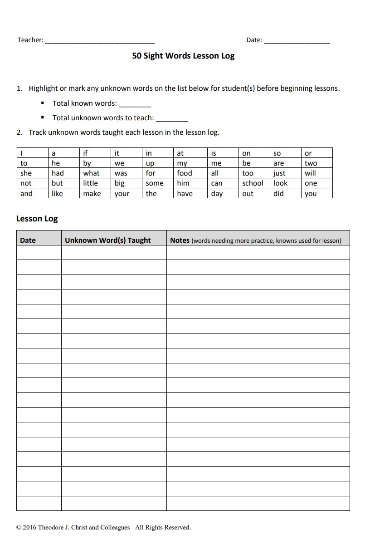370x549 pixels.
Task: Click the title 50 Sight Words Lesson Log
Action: [x=183, y=56]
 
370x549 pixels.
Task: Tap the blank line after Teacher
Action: [x=100, y=41]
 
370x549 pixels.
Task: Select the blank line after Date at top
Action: [x=297, y=41]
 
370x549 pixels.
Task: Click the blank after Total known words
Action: [x=135, y=104]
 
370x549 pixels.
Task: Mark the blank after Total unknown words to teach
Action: [x=171, y=118]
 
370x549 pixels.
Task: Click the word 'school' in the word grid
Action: [x=253, y=183]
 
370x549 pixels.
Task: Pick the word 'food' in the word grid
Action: [x=185, y=173]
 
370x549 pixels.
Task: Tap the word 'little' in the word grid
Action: [x=91, y=183]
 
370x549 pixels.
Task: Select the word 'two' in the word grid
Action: [x=311, y=163]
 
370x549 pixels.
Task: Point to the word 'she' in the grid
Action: [x=26, y=173]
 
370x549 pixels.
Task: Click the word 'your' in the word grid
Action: [x=122, y=194]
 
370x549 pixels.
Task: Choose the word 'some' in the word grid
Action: [x=155, y=183]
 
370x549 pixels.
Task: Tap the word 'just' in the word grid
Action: [x=279, y=173]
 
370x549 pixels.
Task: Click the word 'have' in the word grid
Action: [x=185, y=194]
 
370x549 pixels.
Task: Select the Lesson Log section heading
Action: [x=37, y=219]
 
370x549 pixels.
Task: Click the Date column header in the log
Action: [x=28, y=240]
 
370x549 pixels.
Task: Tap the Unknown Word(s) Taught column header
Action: [x=108, y=240]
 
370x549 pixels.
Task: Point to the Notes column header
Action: [x=180, y=240]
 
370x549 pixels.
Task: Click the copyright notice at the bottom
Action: [x=103, y=527]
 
